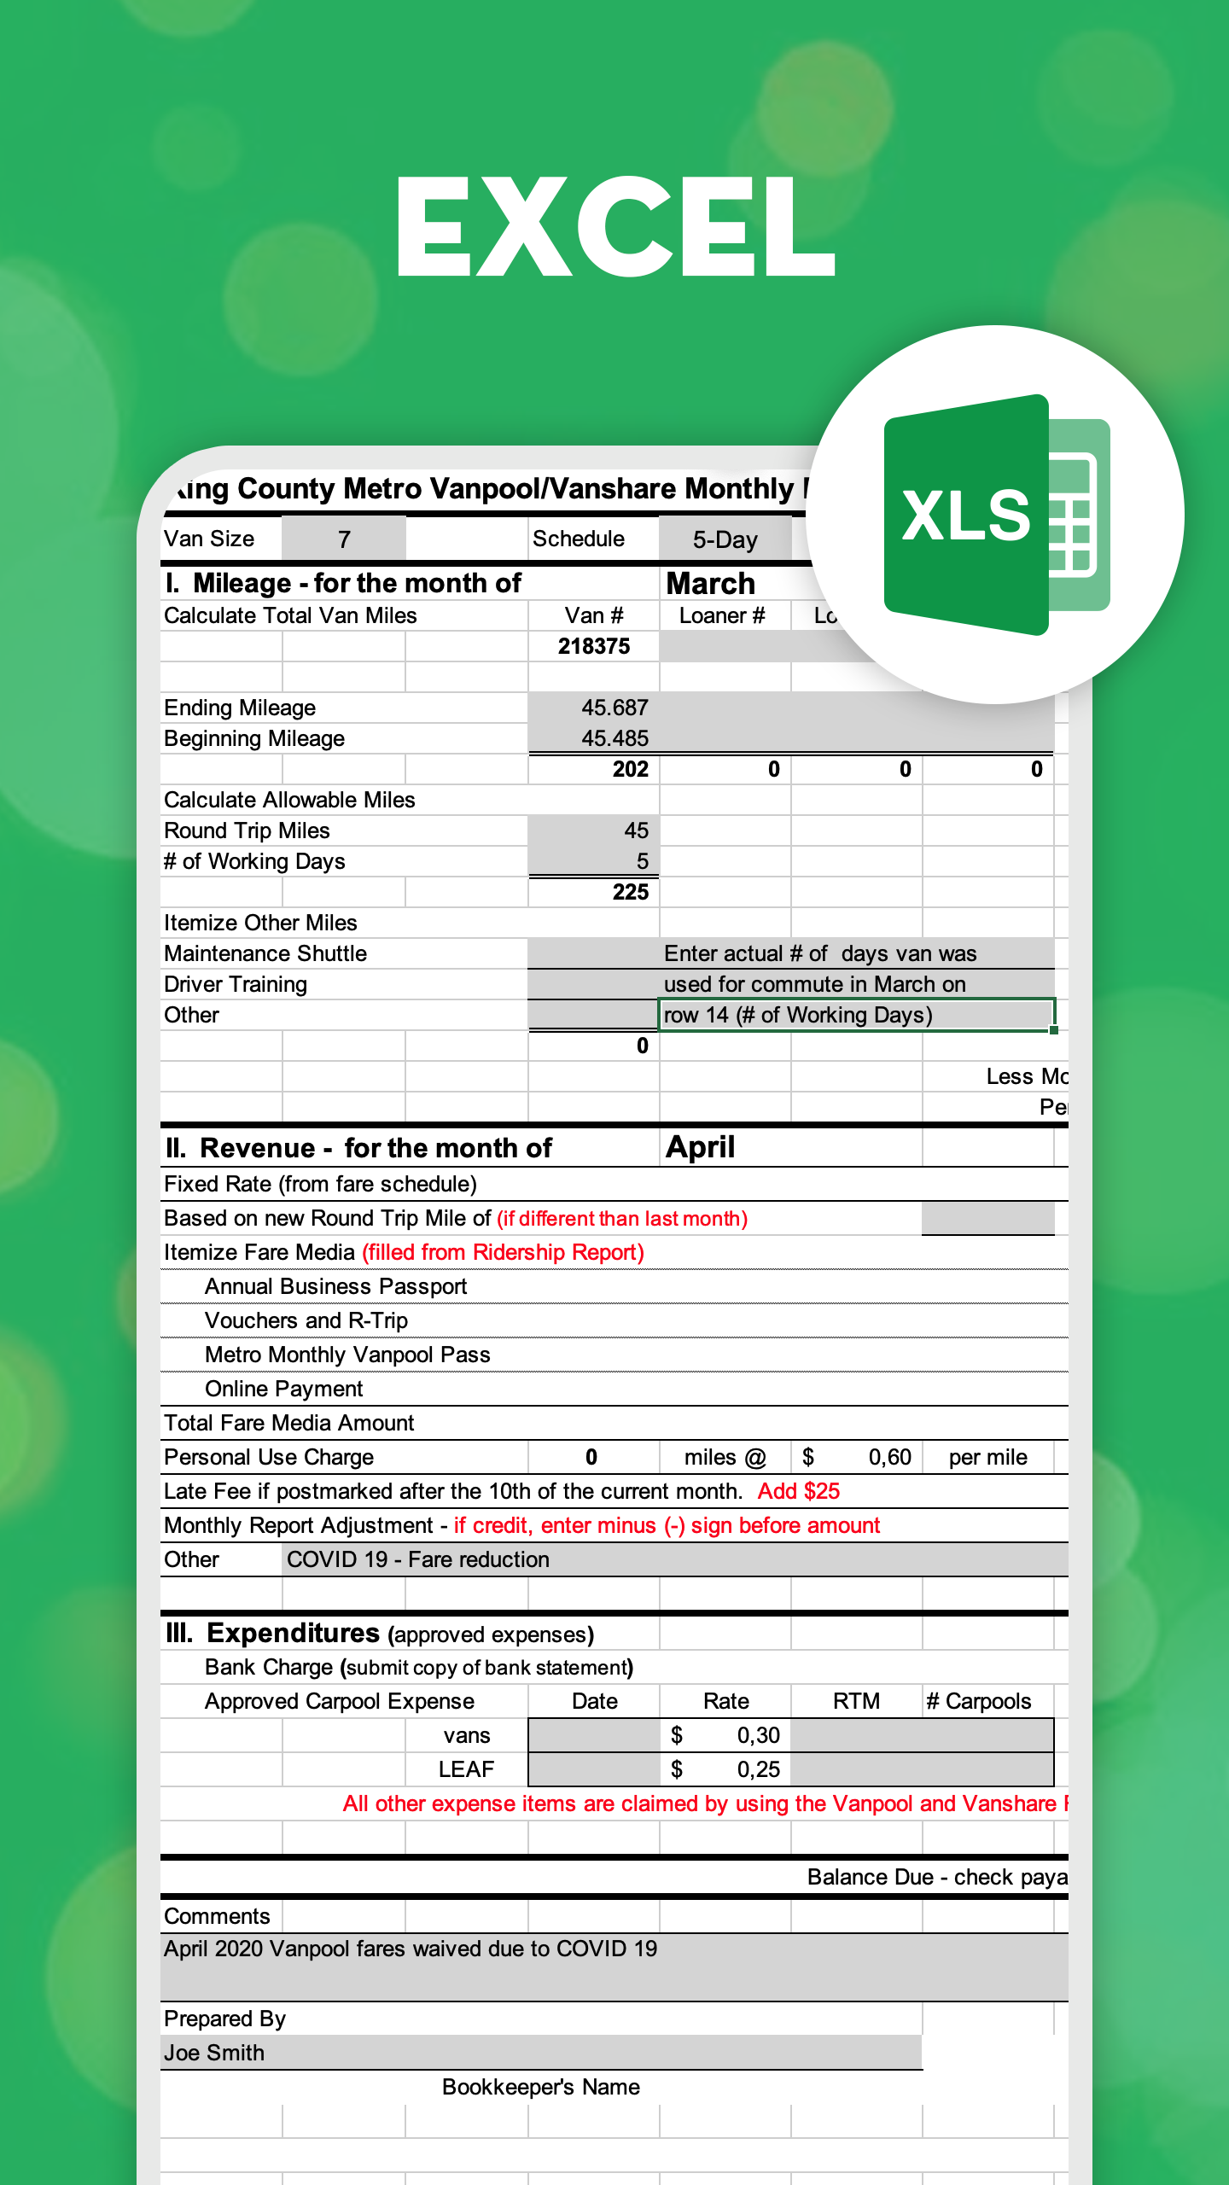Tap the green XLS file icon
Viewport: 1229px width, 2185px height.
pyautogui.click(x=994, y=515)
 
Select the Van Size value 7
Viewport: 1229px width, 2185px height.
pyautogui.click(x=344, y=539)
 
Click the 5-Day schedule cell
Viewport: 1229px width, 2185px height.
pyautogui.click(x=725, y=539)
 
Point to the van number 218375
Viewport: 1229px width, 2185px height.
pyautogui.click(x=594, y=646)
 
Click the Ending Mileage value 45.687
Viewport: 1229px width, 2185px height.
pyautogui.click(x=614, y=708)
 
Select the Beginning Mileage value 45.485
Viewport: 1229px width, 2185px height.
pyautogui.click(x=614, y=738)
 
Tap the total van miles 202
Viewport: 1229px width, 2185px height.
pyautogui.click(x=630, y=769)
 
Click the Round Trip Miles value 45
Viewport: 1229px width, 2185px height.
pyautogui.click(x=636, y=830)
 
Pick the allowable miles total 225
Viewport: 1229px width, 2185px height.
pyautogui.click(x=630, y=892)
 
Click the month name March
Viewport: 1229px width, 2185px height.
pyautogui.click(x=710, y=584)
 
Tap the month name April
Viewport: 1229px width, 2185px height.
pyautogui.click(x=700, y=1147)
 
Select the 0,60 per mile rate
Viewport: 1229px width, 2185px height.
pyautogui.click(x=889, y=1457)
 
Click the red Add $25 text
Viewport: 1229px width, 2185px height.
pyautogui.click(x=799, y=1491)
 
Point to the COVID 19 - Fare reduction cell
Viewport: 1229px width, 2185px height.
pyautogui.click(x=418, y=1559)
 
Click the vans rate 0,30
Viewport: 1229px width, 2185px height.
pyautogui.click(x=758, y=1735)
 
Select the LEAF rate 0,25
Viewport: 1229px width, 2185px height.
pyautogui.click(x=758, y=1769)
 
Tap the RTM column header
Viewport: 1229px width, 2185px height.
pyautogui.click(x=856, y=1701)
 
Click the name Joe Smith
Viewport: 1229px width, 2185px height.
pyautogui.click(x=214, y=2053)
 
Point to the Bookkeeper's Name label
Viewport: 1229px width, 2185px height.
pyautogui.click(x=541, y=2087)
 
